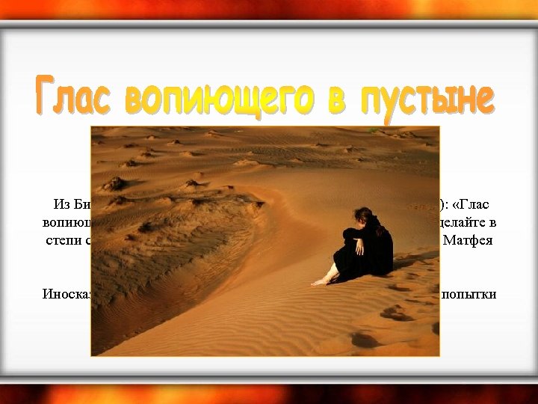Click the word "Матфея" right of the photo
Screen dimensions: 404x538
pos(468,241)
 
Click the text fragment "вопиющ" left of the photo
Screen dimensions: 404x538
pos(66,222)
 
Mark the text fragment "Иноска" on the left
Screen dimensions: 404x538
pos(66,294)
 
